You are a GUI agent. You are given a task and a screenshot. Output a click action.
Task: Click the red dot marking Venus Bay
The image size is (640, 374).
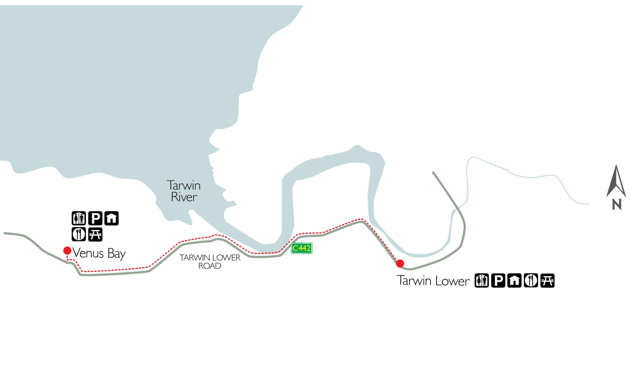point(67,251)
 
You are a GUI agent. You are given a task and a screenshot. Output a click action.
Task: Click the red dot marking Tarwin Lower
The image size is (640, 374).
point(400,263)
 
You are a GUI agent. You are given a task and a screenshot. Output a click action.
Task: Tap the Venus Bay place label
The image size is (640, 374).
point(99,253)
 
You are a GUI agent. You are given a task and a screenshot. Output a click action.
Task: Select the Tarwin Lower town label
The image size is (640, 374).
point(433,281)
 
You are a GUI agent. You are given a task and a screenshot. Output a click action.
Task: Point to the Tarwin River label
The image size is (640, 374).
point(184,191)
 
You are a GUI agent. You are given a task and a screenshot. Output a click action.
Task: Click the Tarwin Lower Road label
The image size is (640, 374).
point(210,262)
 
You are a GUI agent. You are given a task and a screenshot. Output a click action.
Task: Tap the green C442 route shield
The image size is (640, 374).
point(301,248)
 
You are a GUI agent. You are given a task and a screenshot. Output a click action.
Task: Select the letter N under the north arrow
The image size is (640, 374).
point(617,204)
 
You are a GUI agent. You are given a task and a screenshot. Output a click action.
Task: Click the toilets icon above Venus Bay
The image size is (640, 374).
point(79,218)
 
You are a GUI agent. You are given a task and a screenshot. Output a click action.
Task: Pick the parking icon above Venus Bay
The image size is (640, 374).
point(95,218)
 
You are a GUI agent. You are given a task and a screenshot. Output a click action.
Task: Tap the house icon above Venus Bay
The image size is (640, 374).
point(111,218)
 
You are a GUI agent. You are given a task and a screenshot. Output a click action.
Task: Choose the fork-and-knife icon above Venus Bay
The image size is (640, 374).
point(79,234)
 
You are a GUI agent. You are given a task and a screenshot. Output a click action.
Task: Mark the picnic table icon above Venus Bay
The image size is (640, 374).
point(95,234)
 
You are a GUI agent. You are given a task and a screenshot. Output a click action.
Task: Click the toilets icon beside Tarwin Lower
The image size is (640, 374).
point(482,280)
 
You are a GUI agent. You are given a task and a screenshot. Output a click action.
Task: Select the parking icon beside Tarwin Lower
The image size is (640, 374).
point(498,280)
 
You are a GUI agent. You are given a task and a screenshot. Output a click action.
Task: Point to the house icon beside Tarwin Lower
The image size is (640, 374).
point(514,280)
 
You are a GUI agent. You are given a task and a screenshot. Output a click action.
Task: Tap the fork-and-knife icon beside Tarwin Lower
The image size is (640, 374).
point(531,280)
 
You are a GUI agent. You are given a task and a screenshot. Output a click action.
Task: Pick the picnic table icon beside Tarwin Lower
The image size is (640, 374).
point(547,280)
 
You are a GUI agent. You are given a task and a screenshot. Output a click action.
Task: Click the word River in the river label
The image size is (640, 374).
point(184,197)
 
